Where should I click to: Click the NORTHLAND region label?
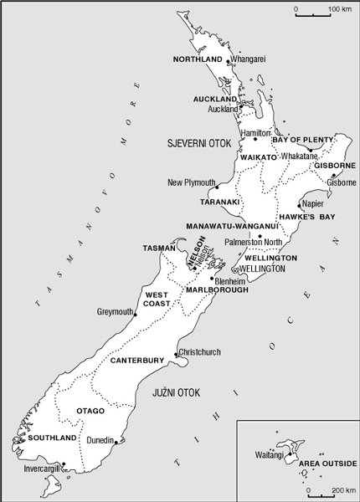coord(198,59)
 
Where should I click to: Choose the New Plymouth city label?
coord(192,182)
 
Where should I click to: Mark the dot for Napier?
coord(300,203)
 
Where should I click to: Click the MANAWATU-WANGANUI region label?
coord(231,226)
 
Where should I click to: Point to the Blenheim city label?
coord(230,281)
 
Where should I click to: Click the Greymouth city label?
coord(116,312)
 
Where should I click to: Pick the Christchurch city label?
coord(201,352)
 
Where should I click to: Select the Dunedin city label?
coord(99,439)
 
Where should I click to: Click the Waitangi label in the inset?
coord(270,454)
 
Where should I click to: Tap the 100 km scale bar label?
coord(340,9)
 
